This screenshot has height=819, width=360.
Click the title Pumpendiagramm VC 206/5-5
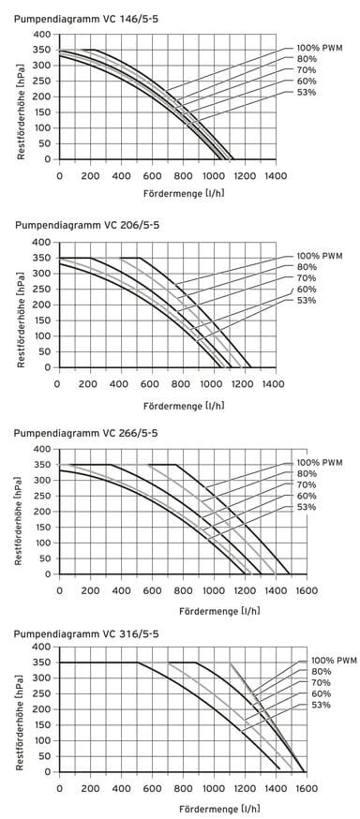click(x=78, y=226)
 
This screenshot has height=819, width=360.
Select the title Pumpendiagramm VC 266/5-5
click(x=78, y=433)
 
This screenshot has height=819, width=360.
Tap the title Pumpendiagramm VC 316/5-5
click(x=78, y=632)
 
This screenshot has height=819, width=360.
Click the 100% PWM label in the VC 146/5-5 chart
click(x=320, y=48)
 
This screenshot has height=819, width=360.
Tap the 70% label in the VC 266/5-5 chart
click(x=307, y=484)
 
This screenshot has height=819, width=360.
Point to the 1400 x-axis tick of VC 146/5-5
click(x=274, y=175)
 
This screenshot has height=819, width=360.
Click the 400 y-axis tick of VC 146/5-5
click(x=42, y=34)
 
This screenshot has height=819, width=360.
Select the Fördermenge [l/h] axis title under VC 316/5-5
click(x=183, y=807)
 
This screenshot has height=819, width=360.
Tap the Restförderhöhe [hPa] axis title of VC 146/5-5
click(x=20, y=97)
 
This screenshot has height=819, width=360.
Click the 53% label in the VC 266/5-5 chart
click(x=307, y=507)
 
